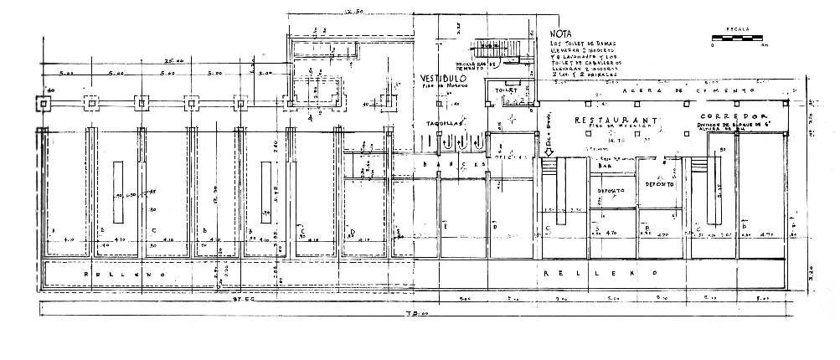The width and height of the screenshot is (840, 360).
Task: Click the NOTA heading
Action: click(x=560, y=36)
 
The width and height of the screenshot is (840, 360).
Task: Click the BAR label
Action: click(x=605, y=167)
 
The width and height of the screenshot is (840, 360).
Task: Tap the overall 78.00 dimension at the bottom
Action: click(x=412, y=315)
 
